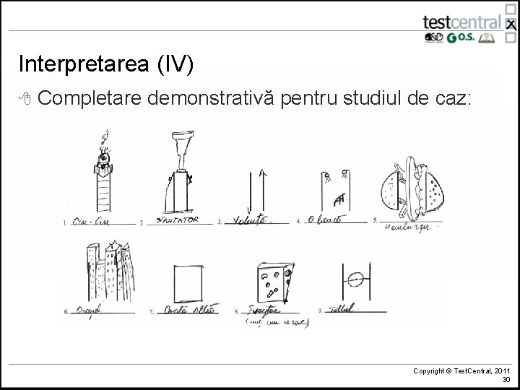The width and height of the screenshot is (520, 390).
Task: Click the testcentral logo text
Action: coord(462,21)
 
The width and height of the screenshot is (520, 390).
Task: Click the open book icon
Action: coord(494,38)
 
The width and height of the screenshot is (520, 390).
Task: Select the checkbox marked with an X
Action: coord(511,23)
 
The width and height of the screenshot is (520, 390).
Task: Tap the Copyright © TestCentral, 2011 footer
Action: coord(462,370)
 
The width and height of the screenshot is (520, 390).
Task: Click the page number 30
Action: coord(506,379)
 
